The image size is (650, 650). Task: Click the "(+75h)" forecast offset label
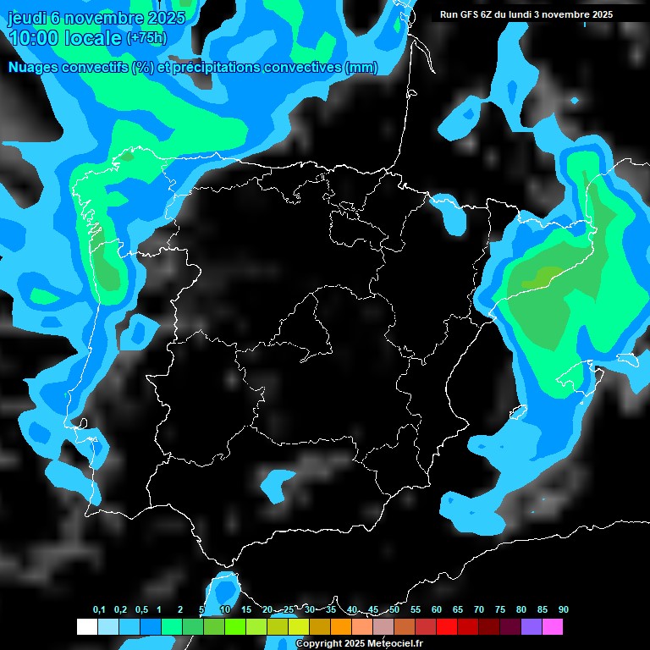pyautogui.click(x=147, y=38)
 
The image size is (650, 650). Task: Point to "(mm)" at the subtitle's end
pyautogui.click(x=362, y=68)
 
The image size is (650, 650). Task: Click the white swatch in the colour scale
pyautogui.click(x=86, y=626)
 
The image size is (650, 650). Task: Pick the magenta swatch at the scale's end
pyautogui.click(x=553, y=626)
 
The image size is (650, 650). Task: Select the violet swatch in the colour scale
pyautogui.click(x=532, y=626)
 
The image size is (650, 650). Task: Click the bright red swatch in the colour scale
pyautogui.click(x=447, y=626)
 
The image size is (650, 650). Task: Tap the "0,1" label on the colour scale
pyautogui.click(x=99, y=610)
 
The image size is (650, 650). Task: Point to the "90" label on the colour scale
pyautogui.click(x=564, y=610)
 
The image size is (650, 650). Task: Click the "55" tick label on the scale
pyautogui.click(x=416, y=610)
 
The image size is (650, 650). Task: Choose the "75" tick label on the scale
pyautogui.click(x=500, y=610)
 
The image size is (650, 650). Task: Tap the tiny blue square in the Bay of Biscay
pyautogui.click(x=575, y=101)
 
